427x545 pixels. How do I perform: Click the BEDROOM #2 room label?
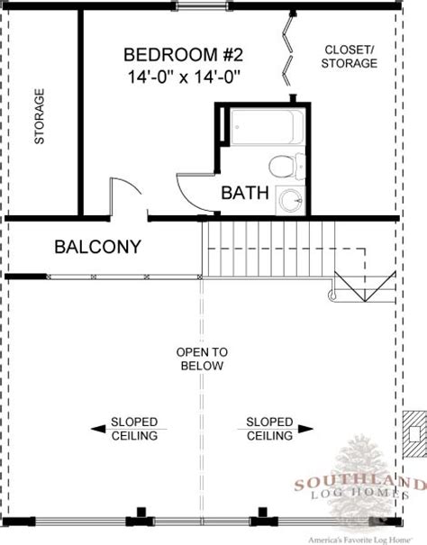183,55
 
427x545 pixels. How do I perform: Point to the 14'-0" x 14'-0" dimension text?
185,77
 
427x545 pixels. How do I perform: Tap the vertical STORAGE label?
40,116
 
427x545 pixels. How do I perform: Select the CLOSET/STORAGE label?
350,57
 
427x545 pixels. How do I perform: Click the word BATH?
245,193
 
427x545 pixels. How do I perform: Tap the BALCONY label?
97,247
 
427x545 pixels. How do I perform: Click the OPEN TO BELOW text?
202,359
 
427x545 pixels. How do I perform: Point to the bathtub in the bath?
267,126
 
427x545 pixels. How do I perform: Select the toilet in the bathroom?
286,166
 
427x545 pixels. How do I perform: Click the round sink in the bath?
291,201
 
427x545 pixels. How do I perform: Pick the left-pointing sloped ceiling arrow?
97,429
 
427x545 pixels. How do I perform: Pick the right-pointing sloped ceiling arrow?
305,429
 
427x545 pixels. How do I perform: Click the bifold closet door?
289,50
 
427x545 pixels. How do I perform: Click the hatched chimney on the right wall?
414,434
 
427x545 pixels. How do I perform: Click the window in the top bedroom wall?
204,6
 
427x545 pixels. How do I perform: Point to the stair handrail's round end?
332,295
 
